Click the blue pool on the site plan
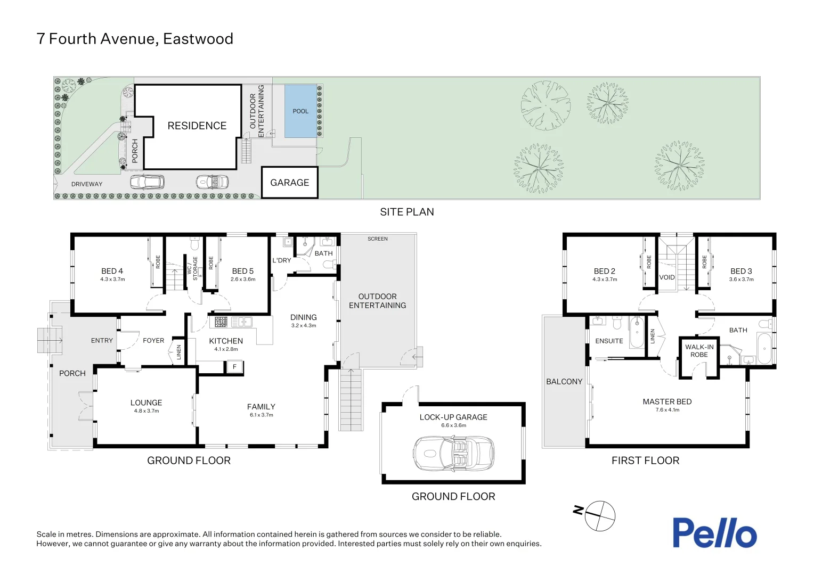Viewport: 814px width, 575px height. [x=300, y=111]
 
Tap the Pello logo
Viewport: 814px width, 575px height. [x=715, y=532]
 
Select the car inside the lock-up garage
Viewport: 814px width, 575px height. [x=453, y=454]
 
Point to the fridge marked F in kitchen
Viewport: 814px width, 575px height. [x=235, y=367]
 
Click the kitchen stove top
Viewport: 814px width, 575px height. [x=221, y=322]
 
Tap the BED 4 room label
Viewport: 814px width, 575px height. [x=112, y=271]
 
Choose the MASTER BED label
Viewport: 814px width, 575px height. [x=667, y=401]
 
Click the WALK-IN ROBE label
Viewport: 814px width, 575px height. [x=699, y=350]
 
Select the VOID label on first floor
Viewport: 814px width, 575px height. [x=667, y=277]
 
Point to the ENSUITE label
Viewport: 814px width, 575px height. [x=609, y=341]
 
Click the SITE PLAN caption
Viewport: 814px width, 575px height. [x=407, y=212]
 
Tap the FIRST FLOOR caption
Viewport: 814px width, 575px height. [x=645, y=461]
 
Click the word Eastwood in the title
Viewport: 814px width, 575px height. [x=198, y=39]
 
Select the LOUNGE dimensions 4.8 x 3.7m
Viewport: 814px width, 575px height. [x=146, y=411]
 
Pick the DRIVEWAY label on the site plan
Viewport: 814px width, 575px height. [x=87, y=184]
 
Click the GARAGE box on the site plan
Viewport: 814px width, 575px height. [x=290, y=182]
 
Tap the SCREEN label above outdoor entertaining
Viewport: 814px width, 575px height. [x=378, y=239]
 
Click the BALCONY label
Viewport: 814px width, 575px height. [x=564, y=381]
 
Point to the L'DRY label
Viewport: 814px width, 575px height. [x=282, y=260]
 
